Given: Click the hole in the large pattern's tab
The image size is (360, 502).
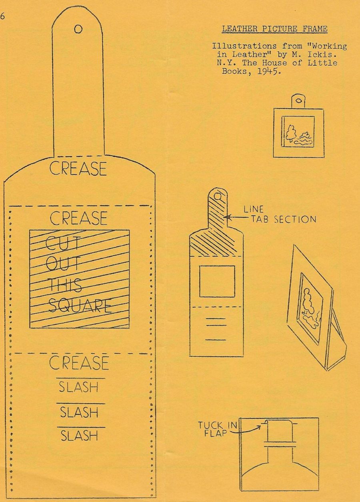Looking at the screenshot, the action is (x=78, y=29).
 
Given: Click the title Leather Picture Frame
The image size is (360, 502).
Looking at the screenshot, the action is (x=274, y=29).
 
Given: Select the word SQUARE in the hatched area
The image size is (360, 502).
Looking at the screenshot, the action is (x=80, y=306).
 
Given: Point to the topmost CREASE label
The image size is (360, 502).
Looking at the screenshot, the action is (x=78, y=168).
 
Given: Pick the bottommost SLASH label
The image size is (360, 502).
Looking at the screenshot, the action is (x=79, y=436).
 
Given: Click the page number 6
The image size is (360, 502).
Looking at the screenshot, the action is (x=2, y=16).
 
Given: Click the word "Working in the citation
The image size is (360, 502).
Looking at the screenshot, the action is (x=326, y=46).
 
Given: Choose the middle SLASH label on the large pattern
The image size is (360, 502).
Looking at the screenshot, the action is (x=79, y=412).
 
